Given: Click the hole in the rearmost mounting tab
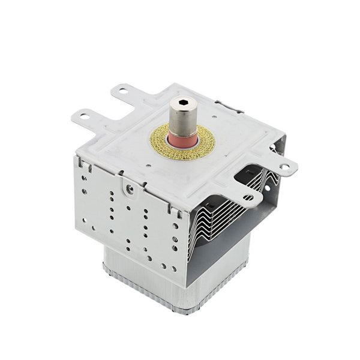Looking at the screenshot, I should coord(123,92).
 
